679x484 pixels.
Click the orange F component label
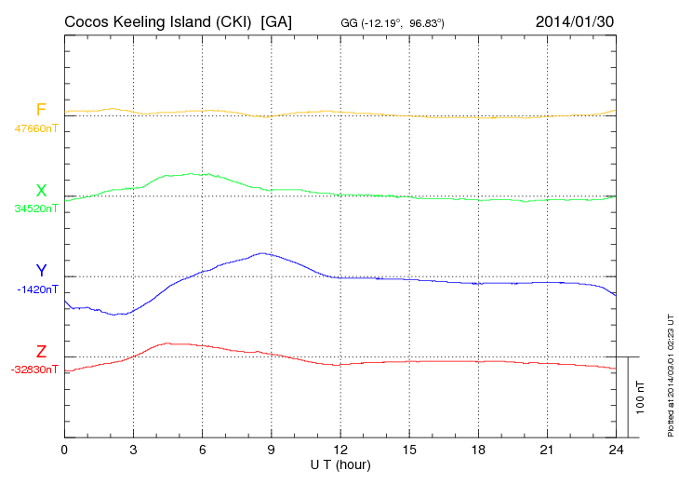click(41, 111)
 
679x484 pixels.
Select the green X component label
click(41, 191)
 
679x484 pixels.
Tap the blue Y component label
click(41, 271)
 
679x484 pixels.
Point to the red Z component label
click(41, 352)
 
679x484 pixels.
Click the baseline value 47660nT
click(35, 128)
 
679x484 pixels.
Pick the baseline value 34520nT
click(35, 208)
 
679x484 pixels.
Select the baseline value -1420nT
click(37, 289)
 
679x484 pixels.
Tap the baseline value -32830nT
click(35, 370)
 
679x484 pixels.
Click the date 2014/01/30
click(575, 20)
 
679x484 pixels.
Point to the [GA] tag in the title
click(277, 20)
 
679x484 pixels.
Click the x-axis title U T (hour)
click(341, 464)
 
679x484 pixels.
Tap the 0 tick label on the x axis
click(64, 450)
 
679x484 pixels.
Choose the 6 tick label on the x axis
click(203, 450)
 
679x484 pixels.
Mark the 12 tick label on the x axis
click(340, 450)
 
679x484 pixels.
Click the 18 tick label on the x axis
click(478, 450)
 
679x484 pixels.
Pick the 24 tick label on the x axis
click(616, 450)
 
